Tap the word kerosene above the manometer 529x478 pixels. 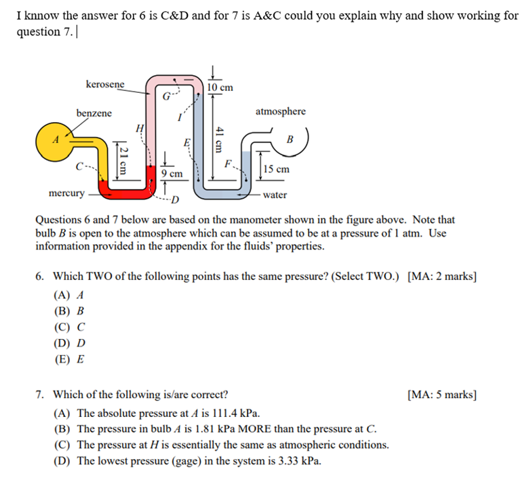105,84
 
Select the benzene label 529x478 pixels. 94,113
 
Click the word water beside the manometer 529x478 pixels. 275,195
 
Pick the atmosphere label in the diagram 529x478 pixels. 280,111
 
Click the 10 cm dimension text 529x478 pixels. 220,87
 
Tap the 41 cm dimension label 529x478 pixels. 218,140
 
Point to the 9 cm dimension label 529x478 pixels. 172,174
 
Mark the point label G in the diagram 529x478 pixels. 166,97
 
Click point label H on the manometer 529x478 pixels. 140,127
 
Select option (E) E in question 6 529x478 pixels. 68,359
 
